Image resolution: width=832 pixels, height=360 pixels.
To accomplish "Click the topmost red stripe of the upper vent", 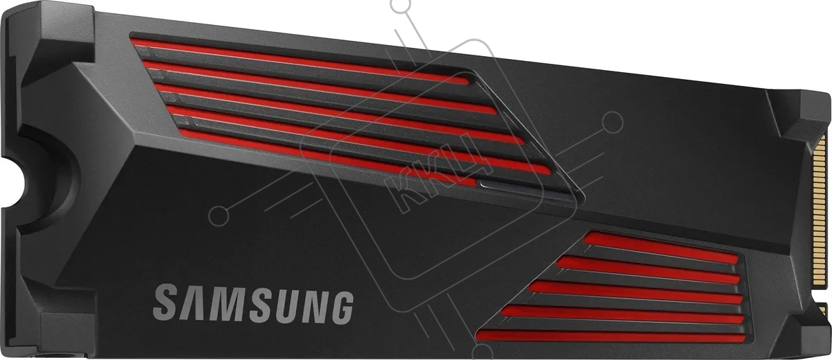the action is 300,61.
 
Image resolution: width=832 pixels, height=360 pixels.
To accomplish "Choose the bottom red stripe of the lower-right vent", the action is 611,336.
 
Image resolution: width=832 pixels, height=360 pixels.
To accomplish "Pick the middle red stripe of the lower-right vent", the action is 636,292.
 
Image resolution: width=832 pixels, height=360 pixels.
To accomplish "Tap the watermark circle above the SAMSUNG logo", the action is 219,216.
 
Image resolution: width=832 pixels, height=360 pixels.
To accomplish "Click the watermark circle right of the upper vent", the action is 612,123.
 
